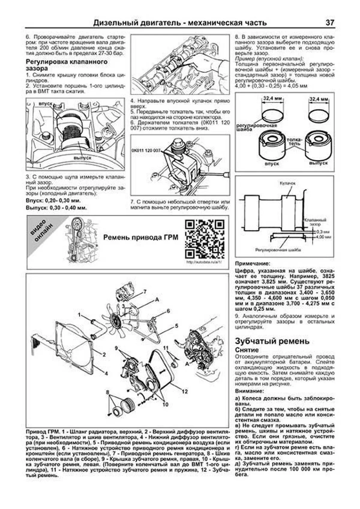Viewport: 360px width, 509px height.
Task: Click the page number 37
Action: tap(329, 23)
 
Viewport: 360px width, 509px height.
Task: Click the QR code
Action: tap(205, 239)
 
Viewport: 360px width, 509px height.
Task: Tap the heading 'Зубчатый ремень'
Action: tap(272, 341)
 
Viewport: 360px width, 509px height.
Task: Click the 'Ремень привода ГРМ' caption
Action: tap(140, 238)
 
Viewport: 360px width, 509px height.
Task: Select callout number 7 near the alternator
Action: tap(145, 291)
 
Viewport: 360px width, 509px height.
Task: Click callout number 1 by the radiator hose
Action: tap(79, 315)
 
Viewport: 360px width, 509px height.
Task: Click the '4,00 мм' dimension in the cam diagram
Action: tap(325, 237)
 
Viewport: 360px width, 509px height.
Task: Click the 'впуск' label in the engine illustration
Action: tap(46, 103)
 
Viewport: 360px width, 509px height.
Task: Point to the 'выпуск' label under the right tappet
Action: tap(318, 163)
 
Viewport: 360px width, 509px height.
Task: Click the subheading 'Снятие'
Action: tap(247, 350)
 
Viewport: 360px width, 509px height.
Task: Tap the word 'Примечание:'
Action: tap(252, 264)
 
